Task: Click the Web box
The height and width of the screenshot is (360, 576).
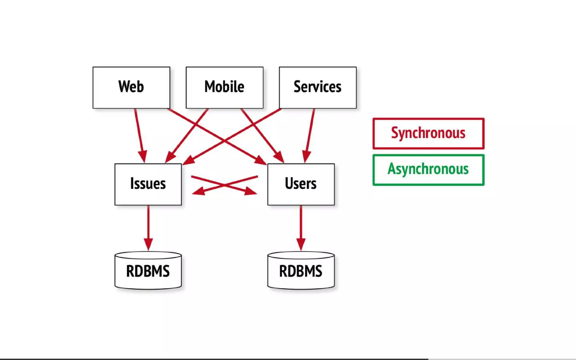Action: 131,87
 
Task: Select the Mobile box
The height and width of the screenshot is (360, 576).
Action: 224,87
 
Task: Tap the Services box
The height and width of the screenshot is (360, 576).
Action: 318,87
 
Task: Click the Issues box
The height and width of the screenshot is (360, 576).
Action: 148,184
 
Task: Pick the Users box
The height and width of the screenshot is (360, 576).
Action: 301,184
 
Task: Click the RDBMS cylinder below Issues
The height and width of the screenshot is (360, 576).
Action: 148,271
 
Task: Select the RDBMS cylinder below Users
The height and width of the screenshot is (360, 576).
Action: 301,271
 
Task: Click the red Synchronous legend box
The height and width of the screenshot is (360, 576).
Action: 428,133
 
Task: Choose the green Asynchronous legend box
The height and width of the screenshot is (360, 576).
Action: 428,170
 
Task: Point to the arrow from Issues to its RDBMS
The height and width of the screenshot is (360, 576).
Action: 148,225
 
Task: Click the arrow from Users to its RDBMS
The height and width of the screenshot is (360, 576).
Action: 301,225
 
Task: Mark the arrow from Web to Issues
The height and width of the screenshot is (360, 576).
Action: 139,132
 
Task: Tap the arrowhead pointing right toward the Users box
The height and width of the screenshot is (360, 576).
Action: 250,191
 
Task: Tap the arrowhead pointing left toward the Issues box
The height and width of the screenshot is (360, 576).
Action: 199,191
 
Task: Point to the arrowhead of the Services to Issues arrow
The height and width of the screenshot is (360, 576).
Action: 189,161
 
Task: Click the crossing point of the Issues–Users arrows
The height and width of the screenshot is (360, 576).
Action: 224,185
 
